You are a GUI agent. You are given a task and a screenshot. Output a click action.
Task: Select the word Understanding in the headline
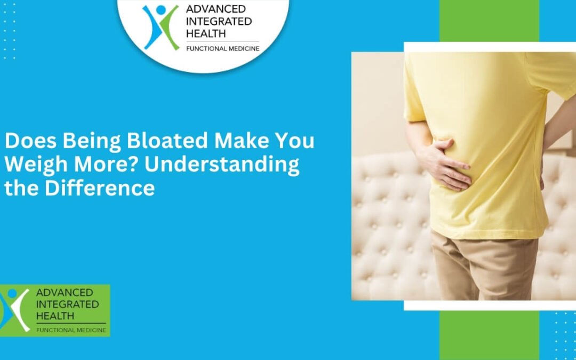tap(222, 165)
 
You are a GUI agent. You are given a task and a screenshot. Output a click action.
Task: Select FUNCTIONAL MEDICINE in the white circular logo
tap(222, 49)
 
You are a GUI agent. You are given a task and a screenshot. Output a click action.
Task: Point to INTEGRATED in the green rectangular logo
tap(67, 304)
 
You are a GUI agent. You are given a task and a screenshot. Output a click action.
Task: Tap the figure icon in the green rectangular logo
tap(15, 309)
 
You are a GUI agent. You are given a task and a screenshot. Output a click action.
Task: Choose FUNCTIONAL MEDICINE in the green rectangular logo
tap(70, 330)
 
